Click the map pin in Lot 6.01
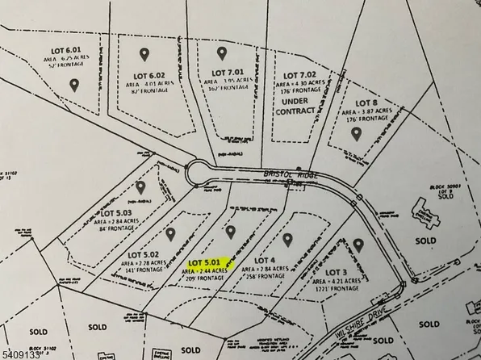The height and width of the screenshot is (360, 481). [74, 83]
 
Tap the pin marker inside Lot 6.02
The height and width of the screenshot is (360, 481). [145, 55]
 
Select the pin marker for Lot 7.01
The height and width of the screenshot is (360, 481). [221, 52]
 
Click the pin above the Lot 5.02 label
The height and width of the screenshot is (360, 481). [171, 233]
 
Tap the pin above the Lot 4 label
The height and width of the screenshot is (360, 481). [287, 240]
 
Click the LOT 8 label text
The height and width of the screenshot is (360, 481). [367, 103]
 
